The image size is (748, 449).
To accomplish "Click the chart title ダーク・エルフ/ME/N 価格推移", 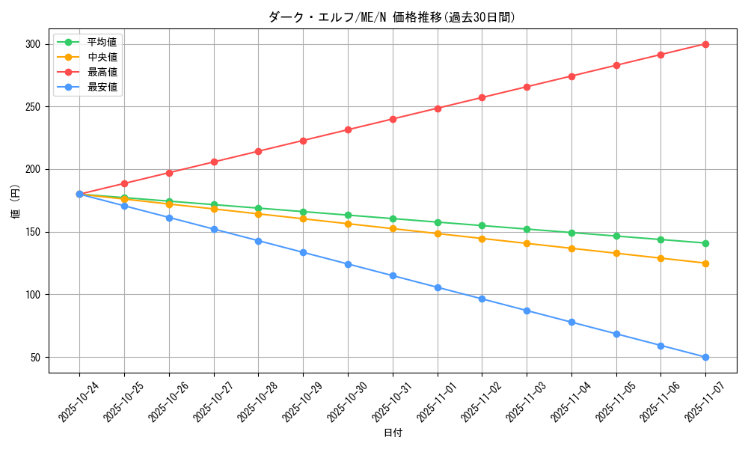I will [392, 17].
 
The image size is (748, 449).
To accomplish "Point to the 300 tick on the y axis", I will [32, 44].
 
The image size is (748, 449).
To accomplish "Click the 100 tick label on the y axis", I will [32, 295].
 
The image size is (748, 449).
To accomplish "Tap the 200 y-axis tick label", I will [32, 170].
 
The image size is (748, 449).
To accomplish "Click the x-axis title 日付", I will [393, 433].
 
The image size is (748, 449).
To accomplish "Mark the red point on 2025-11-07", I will [705, 44].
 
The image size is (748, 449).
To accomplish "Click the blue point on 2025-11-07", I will [705, 357].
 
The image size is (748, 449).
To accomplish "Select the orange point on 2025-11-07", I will [705, 263].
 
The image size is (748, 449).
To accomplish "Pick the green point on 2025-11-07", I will [705, 243].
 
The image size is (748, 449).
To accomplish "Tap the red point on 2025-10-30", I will [348, 129].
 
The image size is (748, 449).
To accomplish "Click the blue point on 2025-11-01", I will [438, 287].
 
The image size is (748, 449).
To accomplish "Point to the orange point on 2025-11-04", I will [571, 248].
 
